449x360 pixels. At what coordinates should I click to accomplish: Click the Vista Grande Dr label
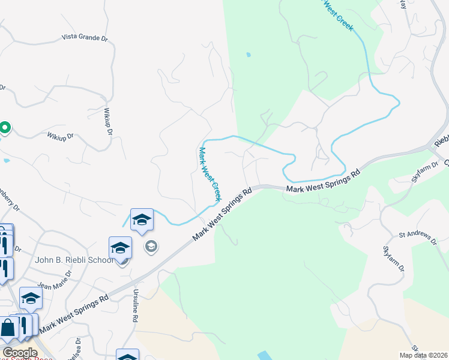tap(85, 37)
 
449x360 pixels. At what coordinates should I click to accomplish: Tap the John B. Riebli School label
tap(74, 260)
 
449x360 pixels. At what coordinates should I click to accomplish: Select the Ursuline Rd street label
tap(135, 307)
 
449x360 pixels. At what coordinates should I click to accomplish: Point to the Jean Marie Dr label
tap(55, 277)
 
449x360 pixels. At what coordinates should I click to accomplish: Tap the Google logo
tap(20, 353)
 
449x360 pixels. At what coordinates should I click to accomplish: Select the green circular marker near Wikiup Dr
tap(5, 127)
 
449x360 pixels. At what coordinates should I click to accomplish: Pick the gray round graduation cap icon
tap(151, 246)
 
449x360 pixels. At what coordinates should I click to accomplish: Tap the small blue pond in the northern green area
tap(248, 55)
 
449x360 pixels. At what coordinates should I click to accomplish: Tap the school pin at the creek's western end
tap(142, 220)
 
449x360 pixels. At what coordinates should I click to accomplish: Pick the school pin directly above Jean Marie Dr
tap(31, 298)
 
